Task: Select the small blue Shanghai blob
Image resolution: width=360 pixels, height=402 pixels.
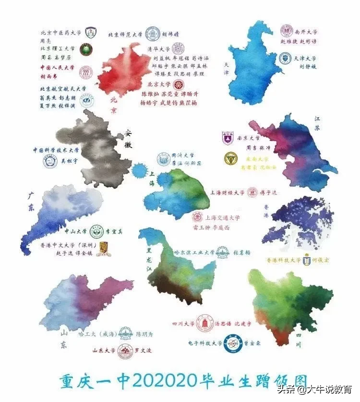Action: pos(140,170)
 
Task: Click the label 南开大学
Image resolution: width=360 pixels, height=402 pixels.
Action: pos(306,32)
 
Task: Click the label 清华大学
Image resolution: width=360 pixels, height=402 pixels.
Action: pos(157,49)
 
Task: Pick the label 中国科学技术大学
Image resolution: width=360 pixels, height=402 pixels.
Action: pos(56,150)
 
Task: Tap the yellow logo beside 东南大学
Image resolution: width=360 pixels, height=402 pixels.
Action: pos(230,159)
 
